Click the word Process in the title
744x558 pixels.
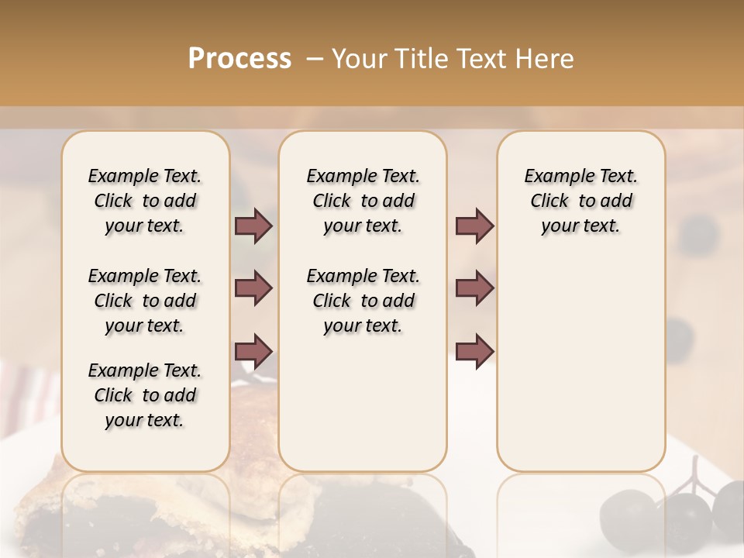pos(239,59)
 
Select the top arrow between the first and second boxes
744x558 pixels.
pos(253,226)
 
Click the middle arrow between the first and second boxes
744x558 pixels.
pos(253,288)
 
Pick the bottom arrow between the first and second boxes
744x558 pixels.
pos(253,351)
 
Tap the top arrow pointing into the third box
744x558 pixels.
pos(474,226)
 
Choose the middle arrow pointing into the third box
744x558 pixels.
pos(474,288)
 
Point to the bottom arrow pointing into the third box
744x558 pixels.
pos(474,351)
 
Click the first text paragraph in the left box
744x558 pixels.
pos(145,201)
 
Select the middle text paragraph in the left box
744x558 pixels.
pos(145,301)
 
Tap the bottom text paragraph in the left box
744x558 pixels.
pos(145,395)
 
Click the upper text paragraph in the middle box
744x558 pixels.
pos(363,201)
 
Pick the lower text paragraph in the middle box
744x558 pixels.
pos(363,301)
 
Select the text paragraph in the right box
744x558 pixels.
pos(581,201)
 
